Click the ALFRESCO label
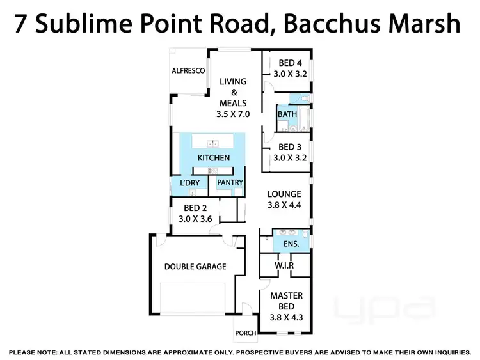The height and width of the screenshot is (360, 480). coord(188,71)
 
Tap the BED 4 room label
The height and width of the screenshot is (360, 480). coord(290,63)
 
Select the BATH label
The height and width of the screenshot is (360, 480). coord(286,114)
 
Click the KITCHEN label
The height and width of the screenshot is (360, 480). coord(213,158)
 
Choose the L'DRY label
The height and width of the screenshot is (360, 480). coord(189,183)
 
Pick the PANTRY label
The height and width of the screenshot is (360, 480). coord(230,183)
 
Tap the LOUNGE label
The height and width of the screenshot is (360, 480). coord(284,194)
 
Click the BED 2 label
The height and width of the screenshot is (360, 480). coord(195,208)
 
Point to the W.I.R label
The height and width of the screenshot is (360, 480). coord(284,265)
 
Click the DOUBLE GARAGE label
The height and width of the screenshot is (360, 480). coord(195,266)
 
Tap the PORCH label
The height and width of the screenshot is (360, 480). coord(246,333)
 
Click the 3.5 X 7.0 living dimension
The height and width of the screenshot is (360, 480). coord(233,114)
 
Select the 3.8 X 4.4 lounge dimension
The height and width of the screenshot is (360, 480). coord(284,206)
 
